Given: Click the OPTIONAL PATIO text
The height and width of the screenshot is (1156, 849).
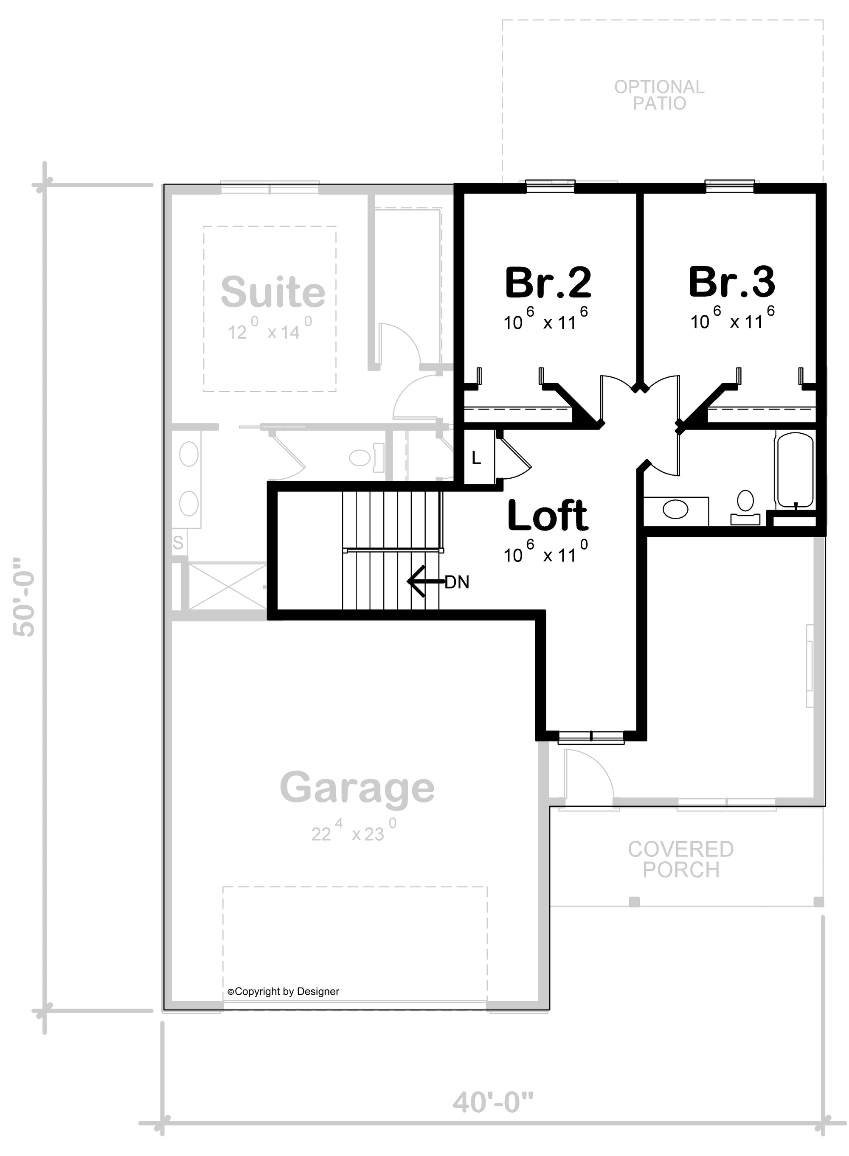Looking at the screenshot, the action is click(659, 95).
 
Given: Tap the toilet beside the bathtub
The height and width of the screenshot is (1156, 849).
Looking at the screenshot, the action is click(745, 507).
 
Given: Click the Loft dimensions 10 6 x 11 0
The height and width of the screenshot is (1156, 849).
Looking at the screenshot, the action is click(546, 551).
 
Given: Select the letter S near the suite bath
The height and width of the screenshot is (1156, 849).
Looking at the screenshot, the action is click(178, 542).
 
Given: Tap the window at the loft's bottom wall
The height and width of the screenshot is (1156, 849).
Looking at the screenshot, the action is click(591, 737).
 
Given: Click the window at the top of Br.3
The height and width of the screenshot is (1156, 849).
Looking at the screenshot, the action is click(730, 186).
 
